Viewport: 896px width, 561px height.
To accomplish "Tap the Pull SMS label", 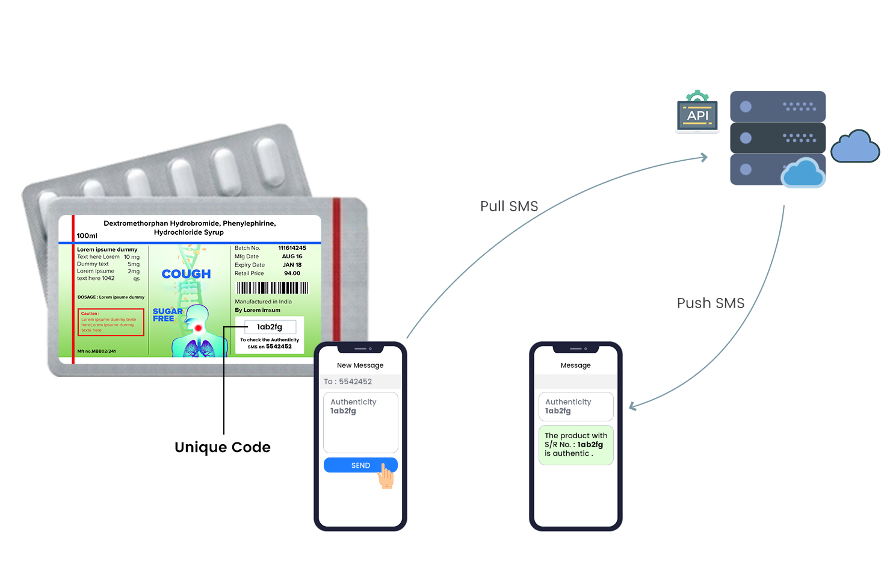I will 509,206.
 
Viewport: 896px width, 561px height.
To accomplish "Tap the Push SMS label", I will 710,303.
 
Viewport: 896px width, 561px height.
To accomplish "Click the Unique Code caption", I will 223,447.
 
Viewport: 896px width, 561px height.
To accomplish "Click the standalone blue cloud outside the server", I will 855,147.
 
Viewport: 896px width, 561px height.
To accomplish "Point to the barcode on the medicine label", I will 272,288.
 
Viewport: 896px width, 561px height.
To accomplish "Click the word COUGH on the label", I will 187,274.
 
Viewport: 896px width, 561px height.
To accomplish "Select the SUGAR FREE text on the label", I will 167,315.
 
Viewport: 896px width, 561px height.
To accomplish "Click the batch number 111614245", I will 292,248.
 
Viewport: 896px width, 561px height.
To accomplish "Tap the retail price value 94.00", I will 292,273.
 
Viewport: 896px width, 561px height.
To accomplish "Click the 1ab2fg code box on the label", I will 270,327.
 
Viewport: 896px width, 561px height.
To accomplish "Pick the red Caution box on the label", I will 111,322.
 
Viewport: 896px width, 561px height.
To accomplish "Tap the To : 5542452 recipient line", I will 348,382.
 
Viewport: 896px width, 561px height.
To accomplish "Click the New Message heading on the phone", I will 360,365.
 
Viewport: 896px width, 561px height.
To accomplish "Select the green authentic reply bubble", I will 575,445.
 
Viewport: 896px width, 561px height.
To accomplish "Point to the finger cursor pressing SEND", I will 386,477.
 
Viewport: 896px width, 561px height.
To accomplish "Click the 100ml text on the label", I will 87,235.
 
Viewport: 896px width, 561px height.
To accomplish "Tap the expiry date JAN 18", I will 292,265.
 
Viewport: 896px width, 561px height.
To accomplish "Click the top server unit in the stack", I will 777,107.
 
